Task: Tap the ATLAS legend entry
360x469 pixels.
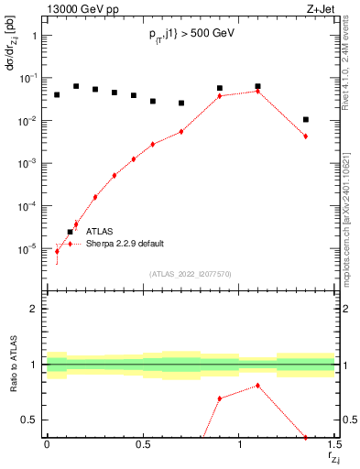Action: coord(101,232)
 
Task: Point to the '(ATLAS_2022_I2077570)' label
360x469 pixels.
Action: coord(190,274)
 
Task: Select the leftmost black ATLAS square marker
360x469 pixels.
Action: coord(57,94)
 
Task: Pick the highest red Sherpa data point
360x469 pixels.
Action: coord(257,91)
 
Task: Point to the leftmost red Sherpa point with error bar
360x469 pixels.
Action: coord(57,251)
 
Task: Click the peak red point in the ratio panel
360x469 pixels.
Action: coord(257,386)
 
